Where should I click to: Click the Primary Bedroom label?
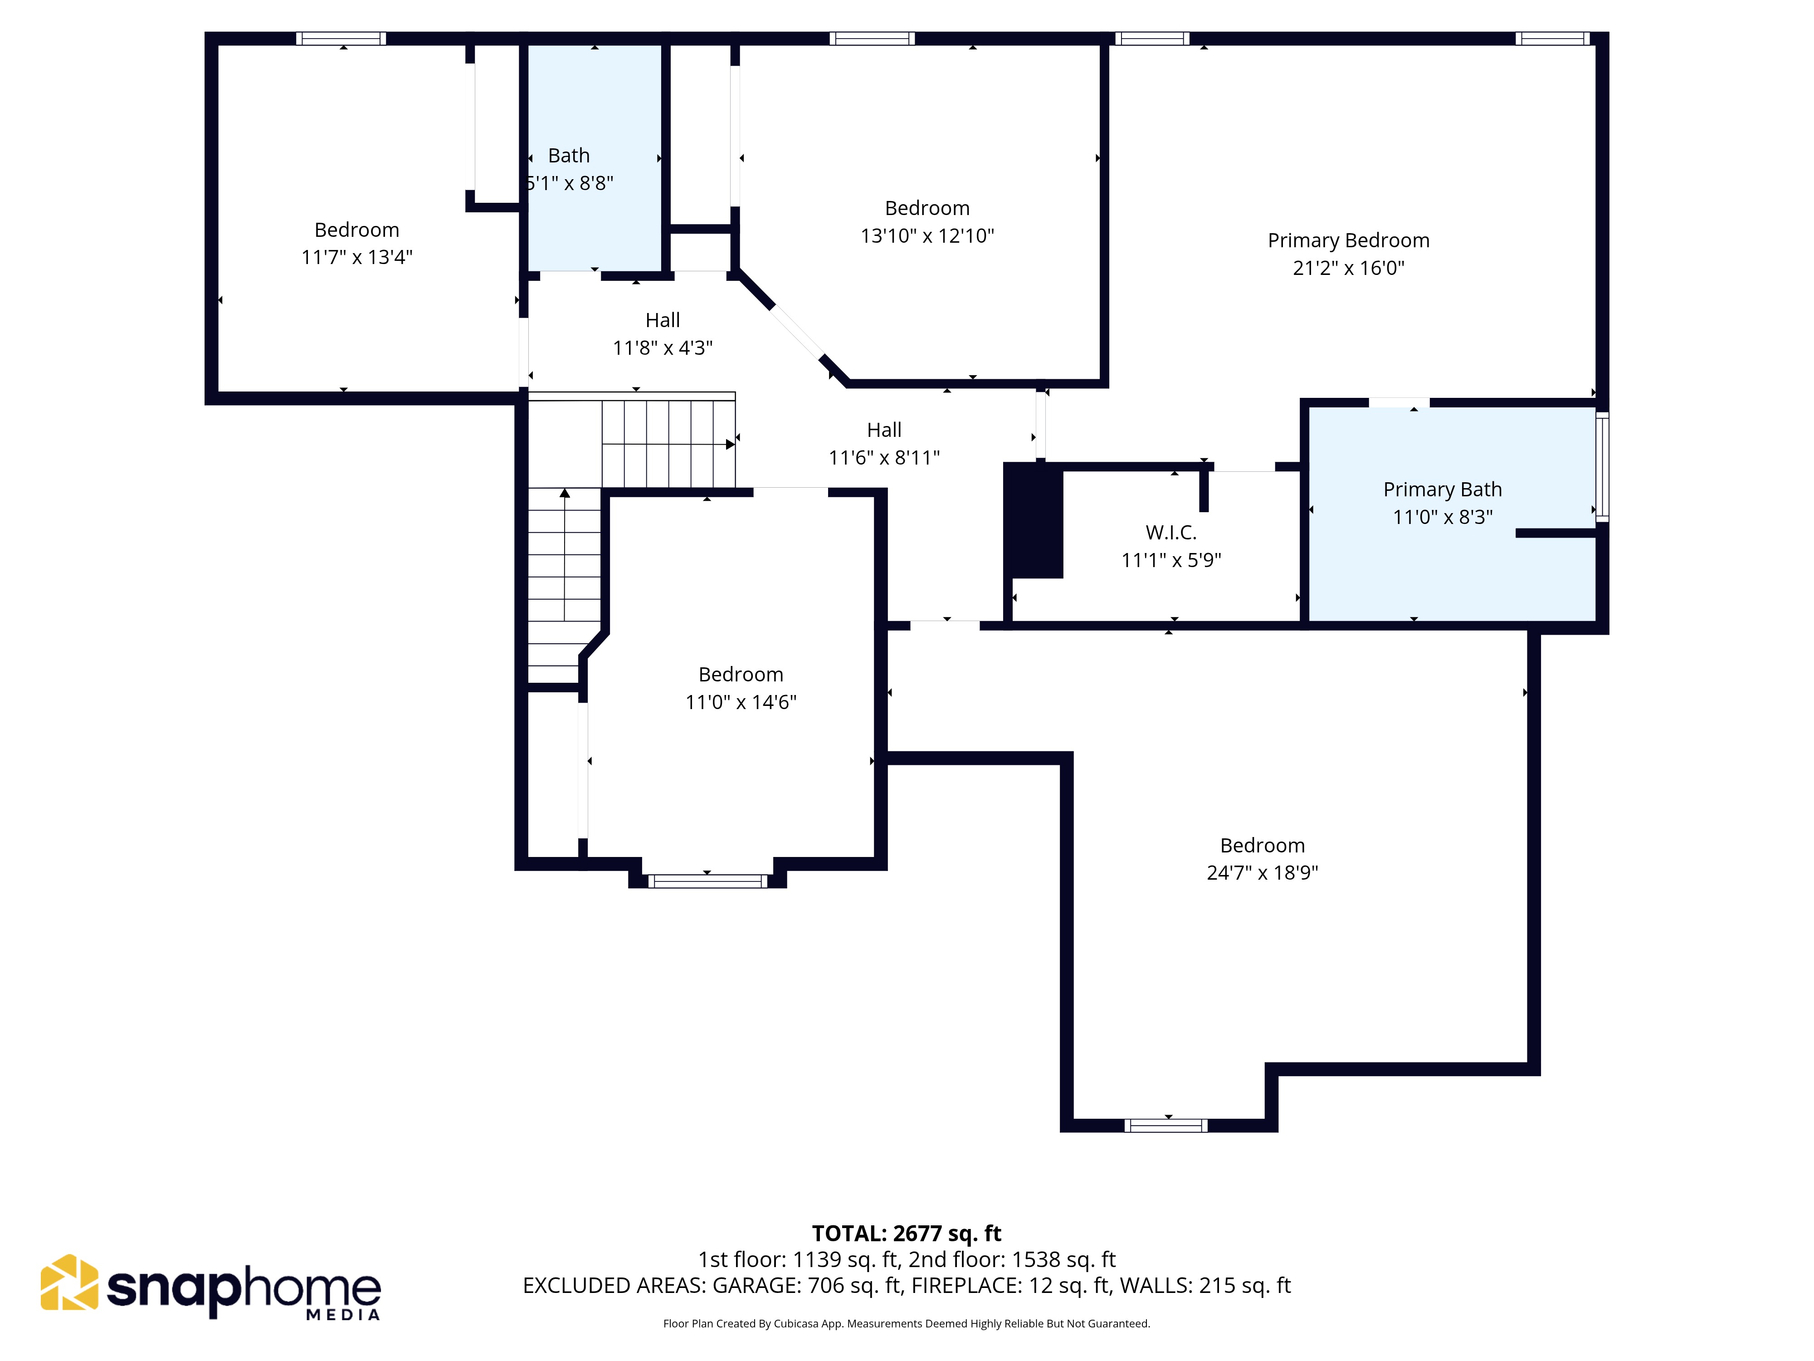point(1348,240)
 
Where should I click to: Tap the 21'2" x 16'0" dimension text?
point(1348,268)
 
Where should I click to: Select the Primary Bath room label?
point(1443,490)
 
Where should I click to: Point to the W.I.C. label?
point(1171,533)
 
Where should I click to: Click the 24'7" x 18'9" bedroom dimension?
point(1262,873)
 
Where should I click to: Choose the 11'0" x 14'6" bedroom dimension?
point(741,702)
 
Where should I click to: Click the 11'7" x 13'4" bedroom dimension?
point(357,258)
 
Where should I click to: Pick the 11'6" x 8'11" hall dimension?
point(884,458)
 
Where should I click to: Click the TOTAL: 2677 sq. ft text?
point(906,1234)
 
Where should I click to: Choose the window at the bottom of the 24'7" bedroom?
point(1165,1126)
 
